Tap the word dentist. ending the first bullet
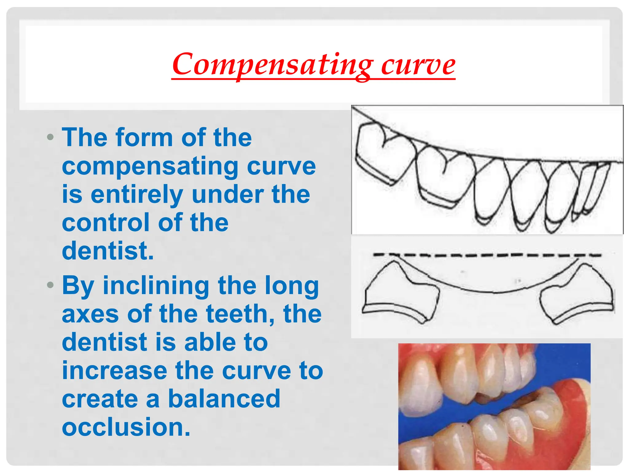coord(107,251)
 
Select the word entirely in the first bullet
coord(137,194)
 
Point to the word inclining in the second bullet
coord(156,286)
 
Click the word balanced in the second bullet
coord(224,399)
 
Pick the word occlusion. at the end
coord(126,427)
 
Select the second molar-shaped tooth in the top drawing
coord(444,177)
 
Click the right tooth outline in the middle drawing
coord(577,295)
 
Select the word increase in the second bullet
coord(114,371)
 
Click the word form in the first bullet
coord(144,138)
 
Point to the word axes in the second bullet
coord(90,314)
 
